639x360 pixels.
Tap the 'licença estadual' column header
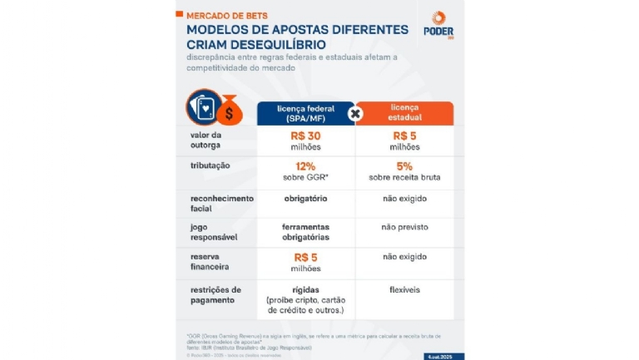pyautogui.click(x=405, y=113)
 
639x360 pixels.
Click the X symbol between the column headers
pyautogui.click(x=354, y=113)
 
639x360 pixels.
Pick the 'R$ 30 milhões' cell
pyautogui.click(x=305, y=141)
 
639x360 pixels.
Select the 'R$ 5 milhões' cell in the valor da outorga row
pyautogui.click(x=405, y=141)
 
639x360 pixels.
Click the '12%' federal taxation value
pyautogui.click(x=305, y=165)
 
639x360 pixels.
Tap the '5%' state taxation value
pyautogui.click(x=405, y=165)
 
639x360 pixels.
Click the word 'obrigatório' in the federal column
pyautogui.click(x=305, y=199)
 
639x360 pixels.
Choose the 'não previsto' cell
pyautogui.click(x=405, y=226)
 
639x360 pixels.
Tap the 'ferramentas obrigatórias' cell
pyautogui.click(x=305, y=232)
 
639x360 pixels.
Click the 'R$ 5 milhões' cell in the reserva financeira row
pyautogui.click(x=305, y=262)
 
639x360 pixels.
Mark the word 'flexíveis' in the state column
pyautogui.click(x=405, y=290)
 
